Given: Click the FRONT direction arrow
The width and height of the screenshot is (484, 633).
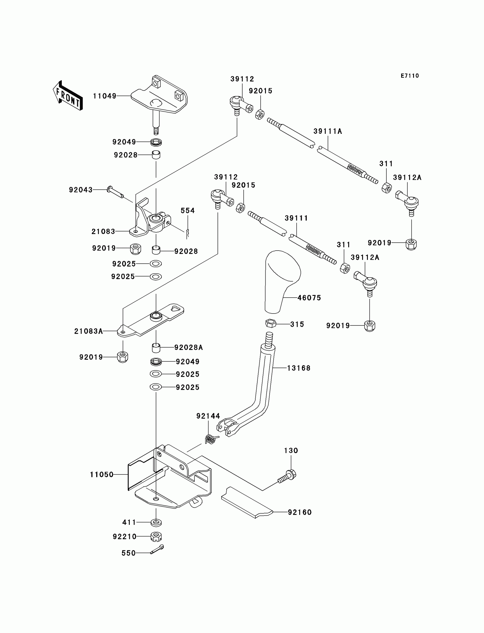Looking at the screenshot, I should (68, 96).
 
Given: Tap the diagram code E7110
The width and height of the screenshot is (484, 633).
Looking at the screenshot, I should (410, 76).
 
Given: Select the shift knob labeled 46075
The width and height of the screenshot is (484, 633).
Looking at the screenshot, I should (282, 281).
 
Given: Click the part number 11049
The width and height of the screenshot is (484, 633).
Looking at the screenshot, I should (104, 96).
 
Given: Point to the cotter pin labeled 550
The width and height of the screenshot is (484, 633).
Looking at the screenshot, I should (157, 550).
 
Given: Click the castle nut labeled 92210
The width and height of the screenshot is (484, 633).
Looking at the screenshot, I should (156, 536).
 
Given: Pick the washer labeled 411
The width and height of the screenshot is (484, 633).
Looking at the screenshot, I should (156, 522).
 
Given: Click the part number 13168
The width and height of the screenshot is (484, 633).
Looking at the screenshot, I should (299, 368).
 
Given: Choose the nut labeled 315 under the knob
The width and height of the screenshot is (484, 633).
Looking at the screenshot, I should (270, 323).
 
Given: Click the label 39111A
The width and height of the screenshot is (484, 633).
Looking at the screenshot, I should (328, 131).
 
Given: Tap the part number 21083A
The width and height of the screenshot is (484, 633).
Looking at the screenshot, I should (89, 331).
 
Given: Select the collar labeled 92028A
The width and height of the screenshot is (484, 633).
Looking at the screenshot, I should (156, 348).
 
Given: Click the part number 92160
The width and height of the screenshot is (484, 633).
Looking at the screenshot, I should (300, 512).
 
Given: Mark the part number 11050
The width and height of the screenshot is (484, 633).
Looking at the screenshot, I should (102, 474).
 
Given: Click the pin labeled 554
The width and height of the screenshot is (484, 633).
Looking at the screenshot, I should (188, 233).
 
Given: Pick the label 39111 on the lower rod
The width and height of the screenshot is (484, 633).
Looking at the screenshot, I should (296, 218).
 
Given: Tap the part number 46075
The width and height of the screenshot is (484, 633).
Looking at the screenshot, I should (309, 298).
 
